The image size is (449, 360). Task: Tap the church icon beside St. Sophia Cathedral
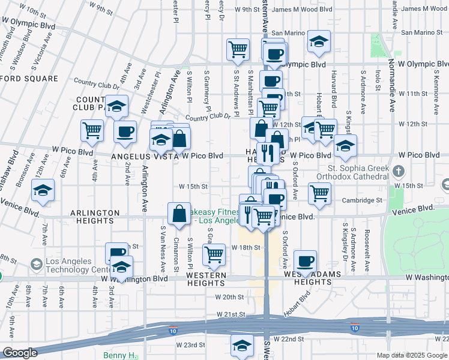[398, 172]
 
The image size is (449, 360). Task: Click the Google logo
[20, 353]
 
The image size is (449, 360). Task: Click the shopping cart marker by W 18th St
[213, 255]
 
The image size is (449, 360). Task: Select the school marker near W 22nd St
[242, 346]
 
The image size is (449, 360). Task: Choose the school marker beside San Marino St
[319, 41]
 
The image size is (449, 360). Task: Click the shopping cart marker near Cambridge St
[319, 193]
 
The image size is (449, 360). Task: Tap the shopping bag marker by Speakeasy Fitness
[179, 214]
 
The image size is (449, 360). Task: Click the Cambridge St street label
[363, 200]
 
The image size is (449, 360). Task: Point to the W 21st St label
[231, 314]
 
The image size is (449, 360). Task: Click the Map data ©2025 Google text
[411, 355]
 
